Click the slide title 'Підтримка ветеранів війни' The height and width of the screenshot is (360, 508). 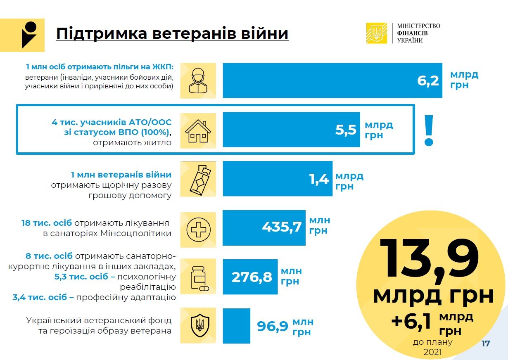click(x=172, y=34)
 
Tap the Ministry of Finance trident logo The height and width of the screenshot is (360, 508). click(x=376, y=33)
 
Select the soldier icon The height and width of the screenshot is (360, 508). click(x=198, y=80)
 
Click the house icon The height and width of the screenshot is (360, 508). click(x=198, y=130)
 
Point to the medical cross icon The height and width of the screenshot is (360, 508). click(x=198, y=230)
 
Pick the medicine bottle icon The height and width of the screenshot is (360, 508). click(x=198, y=277)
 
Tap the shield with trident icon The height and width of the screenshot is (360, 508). click(x=198, y=326)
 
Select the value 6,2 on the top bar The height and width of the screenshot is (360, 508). click(x=428, y=81)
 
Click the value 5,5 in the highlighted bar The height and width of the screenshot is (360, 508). click(x=346, y=130)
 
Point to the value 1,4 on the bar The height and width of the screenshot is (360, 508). click(x=319, y=179)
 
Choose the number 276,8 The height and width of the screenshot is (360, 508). click(x=252, y=277)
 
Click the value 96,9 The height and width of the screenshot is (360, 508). click(x=272, y=327)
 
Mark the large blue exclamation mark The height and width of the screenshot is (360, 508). click(x=429, y=130)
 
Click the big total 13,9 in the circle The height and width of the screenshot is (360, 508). click(x=430, y=258)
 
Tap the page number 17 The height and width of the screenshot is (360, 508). click(x=485, y=343)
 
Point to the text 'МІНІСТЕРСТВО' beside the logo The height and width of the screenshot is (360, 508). click(x=418, y=26)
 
